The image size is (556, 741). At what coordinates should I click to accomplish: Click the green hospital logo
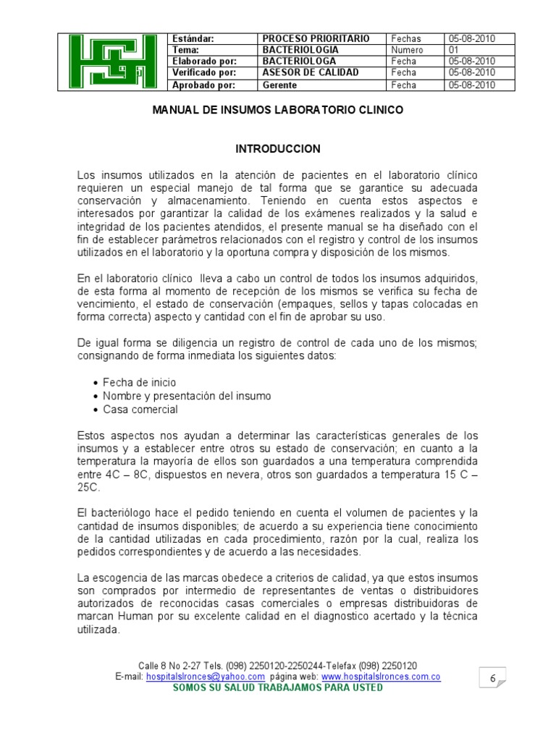tap(112, 62)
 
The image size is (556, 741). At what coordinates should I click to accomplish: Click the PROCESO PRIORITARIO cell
tap(316, 38)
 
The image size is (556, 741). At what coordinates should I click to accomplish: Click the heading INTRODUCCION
tap(278, 148)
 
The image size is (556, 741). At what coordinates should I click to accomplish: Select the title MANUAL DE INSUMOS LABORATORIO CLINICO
tap(277, 111)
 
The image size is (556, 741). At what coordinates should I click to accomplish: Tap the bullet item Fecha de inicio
tap(139, 382)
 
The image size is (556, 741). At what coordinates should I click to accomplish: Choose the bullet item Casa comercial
tap(140, 410)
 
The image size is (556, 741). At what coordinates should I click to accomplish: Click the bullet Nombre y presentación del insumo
tap(187, 396)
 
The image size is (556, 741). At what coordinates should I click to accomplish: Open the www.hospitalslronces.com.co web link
tap(381, 677)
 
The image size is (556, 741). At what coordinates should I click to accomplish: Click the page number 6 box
tap(492, 678)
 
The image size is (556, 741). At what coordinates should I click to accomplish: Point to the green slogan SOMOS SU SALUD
tap(277, 687)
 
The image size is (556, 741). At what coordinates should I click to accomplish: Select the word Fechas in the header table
tap(406, 38)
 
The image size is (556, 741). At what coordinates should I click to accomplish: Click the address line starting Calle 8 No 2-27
tap(277, 666)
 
